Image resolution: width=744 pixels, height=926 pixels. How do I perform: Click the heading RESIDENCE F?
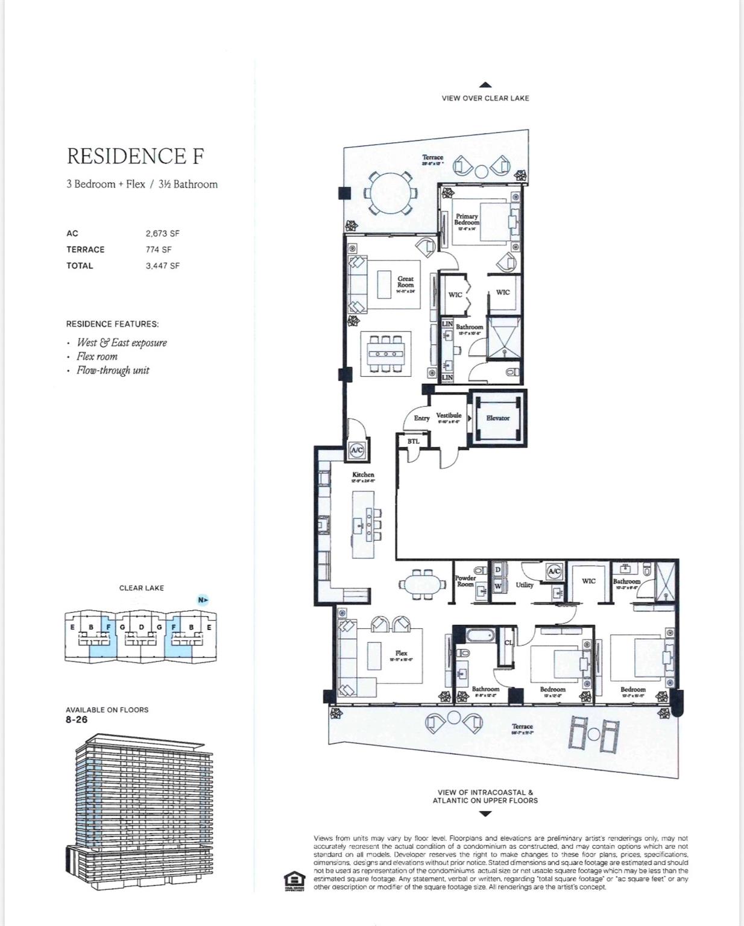(x=135, y=156)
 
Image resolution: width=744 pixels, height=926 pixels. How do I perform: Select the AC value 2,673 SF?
(x=162, y=233)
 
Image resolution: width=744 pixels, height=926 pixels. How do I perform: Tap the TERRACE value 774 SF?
(x=159, y=250)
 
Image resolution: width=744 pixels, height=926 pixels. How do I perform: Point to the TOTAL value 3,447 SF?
(x=162, y=266)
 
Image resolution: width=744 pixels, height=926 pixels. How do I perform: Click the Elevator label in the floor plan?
(x=497, y=418)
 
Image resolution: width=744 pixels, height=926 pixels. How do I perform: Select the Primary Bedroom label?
(x=467, y=219)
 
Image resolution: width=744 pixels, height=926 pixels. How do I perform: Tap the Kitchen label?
(x=363, y=475)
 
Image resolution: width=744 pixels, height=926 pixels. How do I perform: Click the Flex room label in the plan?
(x=402, y=653)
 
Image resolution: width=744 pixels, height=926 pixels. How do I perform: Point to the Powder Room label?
(x=465, y=581)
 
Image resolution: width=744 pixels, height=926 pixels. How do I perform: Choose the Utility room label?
(x=524, y=585)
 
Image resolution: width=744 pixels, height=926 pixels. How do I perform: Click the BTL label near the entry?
(x=413, y=441)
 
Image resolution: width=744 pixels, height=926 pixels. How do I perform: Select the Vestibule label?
(x=449, y=415)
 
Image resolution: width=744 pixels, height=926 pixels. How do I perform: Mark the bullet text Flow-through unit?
(x=113, y=371)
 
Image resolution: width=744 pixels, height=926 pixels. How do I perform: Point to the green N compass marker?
(x=203, y=600)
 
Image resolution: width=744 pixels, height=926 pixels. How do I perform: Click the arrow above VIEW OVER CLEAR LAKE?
(x=485, y=86)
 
